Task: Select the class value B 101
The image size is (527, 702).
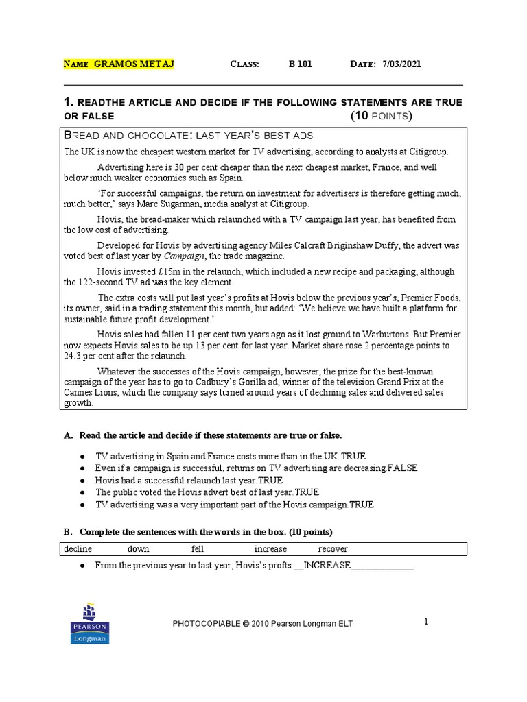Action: coord(300,64)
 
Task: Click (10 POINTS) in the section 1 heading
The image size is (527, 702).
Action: coord(382,116)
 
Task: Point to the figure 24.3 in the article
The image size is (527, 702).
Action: coord(74,356)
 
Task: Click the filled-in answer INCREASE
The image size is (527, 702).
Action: coord(327,566)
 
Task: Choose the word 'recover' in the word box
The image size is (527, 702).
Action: coord(333,549)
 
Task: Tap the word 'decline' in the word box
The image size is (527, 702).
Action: coord(78,549)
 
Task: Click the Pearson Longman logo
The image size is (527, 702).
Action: coord(89,623)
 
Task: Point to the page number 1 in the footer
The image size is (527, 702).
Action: coord(425,621)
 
